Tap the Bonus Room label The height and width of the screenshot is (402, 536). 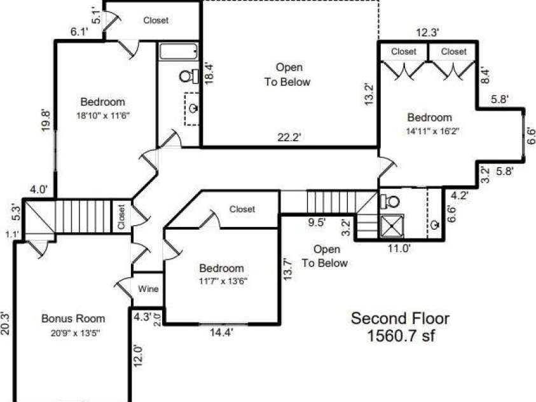[73, 319]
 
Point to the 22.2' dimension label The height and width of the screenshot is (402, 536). [289, 137]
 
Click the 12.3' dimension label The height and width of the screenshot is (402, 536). [428, 32]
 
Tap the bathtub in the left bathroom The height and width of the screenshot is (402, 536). [179, 52]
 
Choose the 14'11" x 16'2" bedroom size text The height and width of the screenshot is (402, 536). [430, 132]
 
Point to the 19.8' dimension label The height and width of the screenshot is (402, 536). [44, 120]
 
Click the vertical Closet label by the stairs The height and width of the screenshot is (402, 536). [121, 217]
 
